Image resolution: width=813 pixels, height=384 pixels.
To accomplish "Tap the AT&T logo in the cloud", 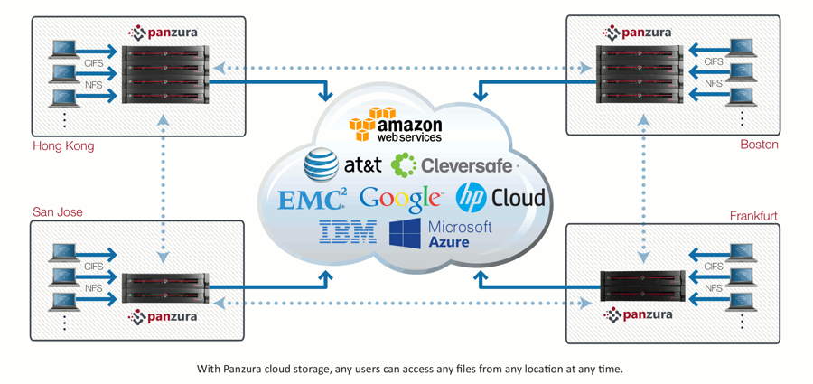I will point(342,164).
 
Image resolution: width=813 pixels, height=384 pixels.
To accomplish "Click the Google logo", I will point(400,198).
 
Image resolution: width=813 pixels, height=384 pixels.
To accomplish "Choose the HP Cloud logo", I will point(500,196).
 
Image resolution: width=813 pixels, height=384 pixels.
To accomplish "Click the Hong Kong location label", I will point(63,145).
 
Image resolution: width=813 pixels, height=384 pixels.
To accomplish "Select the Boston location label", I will point(759,145).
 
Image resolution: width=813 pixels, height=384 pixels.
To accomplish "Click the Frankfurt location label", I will point(753,216).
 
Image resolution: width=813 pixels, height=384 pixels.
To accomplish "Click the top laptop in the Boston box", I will point(742,48).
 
